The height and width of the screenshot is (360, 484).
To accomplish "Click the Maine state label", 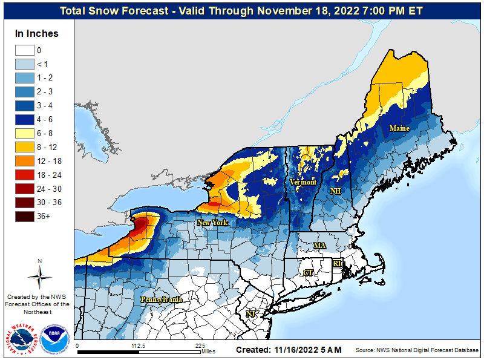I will click(399, 128).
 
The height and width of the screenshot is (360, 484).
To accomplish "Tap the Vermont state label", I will click(302, 182).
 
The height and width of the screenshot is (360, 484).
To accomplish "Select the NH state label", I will click(335, 191).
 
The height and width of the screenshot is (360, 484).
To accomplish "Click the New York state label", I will click(212, 223).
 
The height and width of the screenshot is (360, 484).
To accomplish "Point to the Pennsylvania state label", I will click(161, 299).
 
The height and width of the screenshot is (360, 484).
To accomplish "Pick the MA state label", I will click(319, 246).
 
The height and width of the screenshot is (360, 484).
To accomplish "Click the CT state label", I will click(308, 273).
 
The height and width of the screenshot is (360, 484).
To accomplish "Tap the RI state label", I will click(338, 264).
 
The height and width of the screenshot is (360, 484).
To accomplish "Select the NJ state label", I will click(250, 313).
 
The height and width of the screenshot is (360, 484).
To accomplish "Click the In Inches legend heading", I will click(37, 34).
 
